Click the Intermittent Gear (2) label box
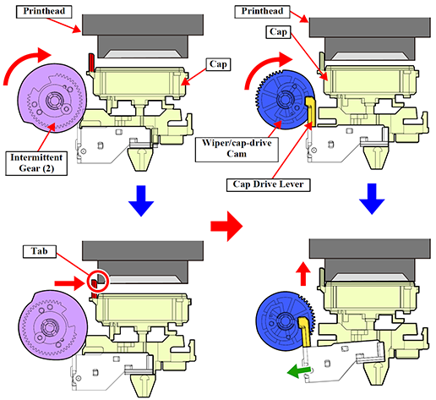pos(36,163)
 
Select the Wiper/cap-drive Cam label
pos(237,149)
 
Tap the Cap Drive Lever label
pos(268,184)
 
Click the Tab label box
pos(40,251)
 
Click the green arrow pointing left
pos(298,370)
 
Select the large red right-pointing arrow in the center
pos(226,226)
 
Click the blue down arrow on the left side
pos(141,200)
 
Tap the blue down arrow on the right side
pos(372,199)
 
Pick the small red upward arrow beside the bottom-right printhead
pos(303,273)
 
